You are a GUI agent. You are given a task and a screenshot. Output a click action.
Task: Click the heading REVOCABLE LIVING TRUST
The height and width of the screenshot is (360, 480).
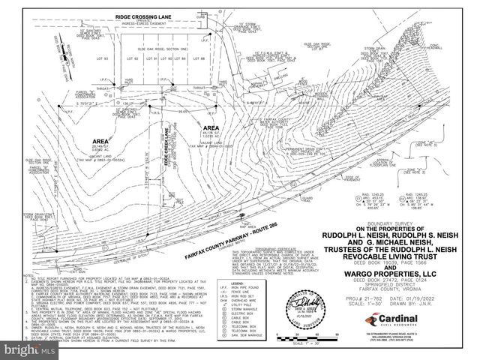(x=389, y=253)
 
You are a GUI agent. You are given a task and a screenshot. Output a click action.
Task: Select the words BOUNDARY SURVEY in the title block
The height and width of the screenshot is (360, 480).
(x=389, y=221)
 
